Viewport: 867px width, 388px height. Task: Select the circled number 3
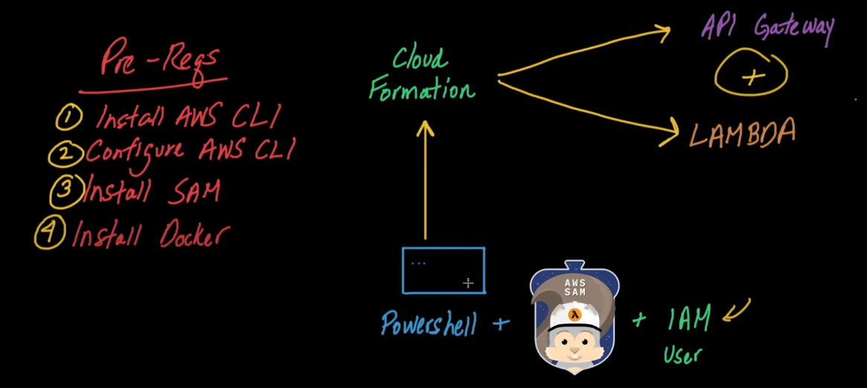tap(65, 191)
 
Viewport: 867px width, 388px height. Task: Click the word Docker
tap(193, 234)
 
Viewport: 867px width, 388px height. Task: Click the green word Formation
tap(422, 89)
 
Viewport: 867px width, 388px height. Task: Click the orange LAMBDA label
tap(743, 132)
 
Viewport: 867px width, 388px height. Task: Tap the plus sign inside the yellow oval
tap(750, 77)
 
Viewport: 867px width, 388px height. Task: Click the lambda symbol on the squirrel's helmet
tap(576, 314)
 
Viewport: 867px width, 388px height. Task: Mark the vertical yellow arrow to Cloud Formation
tap(425, 180)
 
